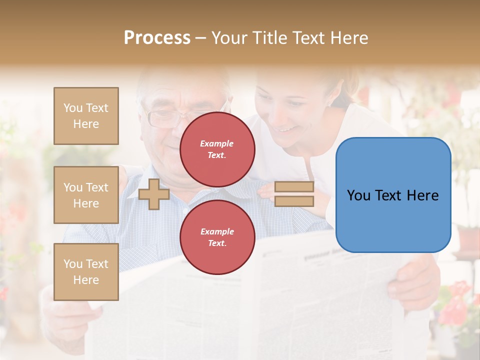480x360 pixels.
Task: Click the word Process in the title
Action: [x=157, y=38]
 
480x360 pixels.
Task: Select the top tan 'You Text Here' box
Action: [x=86, y=116]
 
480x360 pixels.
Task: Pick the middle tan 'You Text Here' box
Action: [x=86, y=195]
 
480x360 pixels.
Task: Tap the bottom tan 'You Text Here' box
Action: [x=86, y=271]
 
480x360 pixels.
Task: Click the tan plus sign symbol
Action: [x=154, y=194]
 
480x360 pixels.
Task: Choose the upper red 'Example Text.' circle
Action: [x=217, y=149]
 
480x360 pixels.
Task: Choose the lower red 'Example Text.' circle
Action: [x=217, y=237]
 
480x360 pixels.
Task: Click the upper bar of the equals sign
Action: [x=294, y=187]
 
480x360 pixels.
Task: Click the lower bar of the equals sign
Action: [x=294, y=201]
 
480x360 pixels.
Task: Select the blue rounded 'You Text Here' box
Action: [x=393, y=195]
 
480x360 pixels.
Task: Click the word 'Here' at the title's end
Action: [x=349, y=38]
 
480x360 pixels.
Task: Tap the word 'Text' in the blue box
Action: [x=392, y=195]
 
